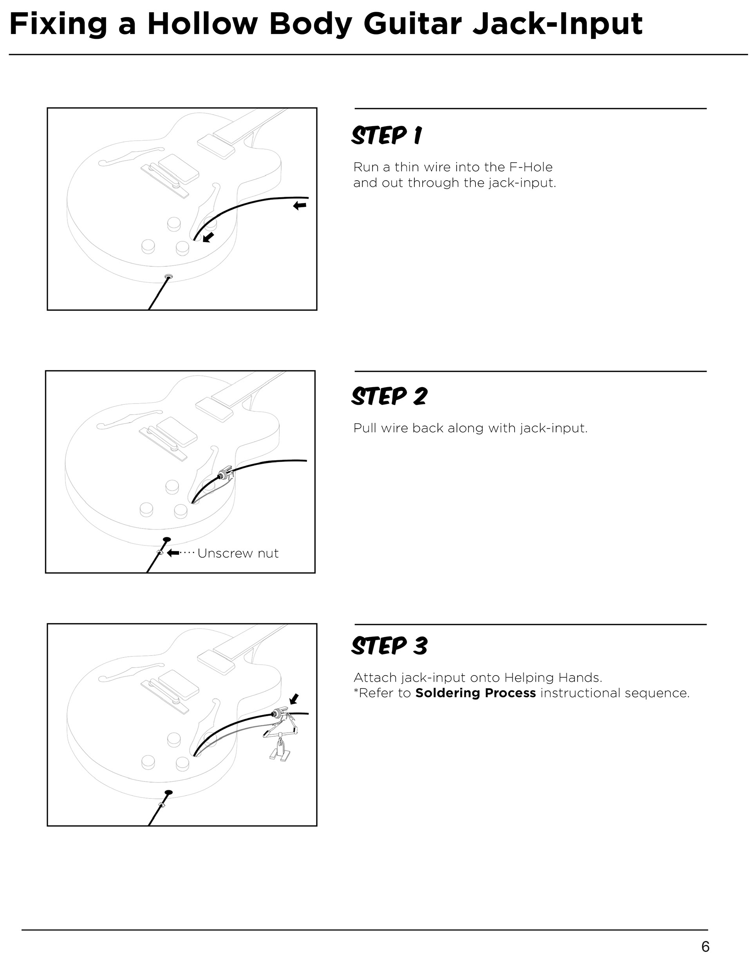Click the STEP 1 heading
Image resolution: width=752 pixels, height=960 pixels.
pyautogui.click(x=387, y=135)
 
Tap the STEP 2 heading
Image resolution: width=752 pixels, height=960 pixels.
pyautogui.click(x=389, y=396)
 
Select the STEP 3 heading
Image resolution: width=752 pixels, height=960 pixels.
pyautogui.click(x=389, y=646)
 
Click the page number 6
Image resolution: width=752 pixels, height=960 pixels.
pyautogui.click(x=705, y=946)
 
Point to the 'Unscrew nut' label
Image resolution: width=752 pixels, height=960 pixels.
pyautogui.click(x=238, y=554)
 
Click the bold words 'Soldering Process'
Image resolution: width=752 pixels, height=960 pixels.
pyautogui.click(x=475, y=693)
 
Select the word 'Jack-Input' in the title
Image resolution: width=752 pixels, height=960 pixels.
pyautogui.click(x=557, y=24)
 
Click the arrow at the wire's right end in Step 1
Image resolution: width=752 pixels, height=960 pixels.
pyautogui.click(x=300, y=205)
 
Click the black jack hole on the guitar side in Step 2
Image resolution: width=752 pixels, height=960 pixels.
pyautogui.click(x=166, y=540)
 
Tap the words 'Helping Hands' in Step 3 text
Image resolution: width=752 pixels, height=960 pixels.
pyautogui.click(x=553, y=677)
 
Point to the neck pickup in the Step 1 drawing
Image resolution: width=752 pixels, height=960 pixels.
pyautogui.click(x=216, y=146)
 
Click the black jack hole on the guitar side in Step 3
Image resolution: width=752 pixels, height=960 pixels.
pyautogui.click(x=168, y=793)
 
